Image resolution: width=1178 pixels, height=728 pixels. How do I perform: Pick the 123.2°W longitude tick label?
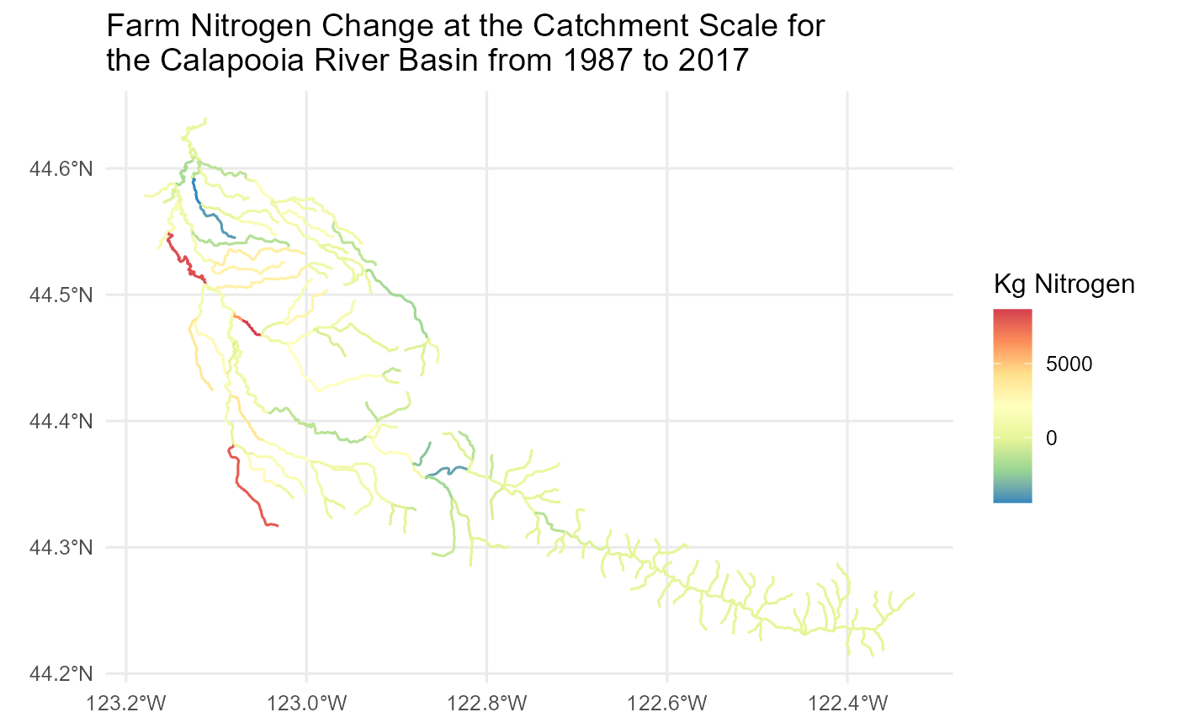click(126, 700)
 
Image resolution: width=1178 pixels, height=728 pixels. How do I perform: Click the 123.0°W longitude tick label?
click(306, 700)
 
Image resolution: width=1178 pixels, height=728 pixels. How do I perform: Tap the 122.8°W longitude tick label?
click(486, 700)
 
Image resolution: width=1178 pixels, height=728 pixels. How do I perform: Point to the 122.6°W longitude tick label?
click(666, 700)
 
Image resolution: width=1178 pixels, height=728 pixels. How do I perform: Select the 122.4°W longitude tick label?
click(847, 700)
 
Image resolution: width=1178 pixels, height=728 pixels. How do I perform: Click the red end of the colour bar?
click(1012, 315)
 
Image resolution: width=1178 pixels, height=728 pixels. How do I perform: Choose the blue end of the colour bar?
click(1012, 497)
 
